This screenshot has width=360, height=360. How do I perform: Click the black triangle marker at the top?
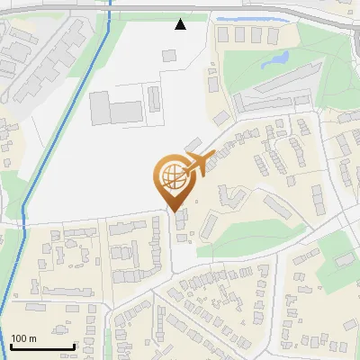(181, 24)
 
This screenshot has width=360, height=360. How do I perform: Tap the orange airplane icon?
(200, 165)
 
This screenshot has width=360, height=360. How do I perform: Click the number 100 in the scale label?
(20, 337)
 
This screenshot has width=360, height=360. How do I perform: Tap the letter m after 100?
(32, 337)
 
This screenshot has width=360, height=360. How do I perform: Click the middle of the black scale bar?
(42, 346)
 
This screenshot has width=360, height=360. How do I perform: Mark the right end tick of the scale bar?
(74, 346)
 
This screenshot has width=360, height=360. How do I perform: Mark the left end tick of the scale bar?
(11, 346)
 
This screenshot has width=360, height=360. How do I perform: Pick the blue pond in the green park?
(274, 61)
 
